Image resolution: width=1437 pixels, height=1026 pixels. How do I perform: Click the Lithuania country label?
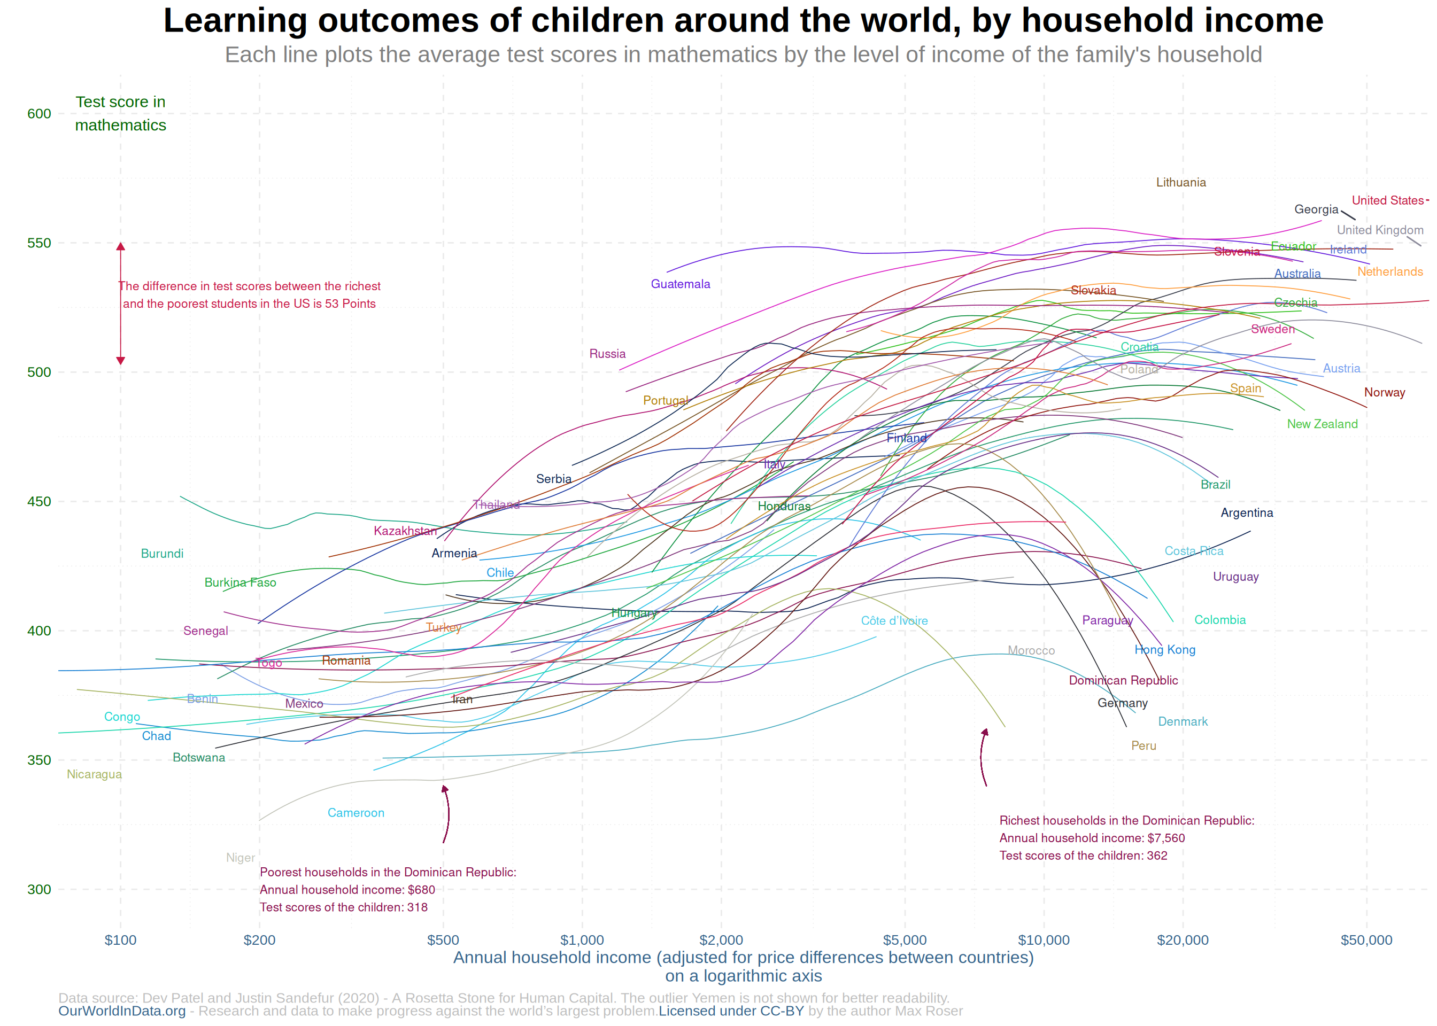pos(1180,183)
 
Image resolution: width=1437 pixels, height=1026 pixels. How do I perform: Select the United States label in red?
pos(1387,200)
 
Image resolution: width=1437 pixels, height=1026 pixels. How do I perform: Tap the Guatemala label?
pos(680,284)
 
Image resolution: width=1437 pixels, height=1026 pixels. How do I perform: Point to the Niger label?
pos(240,857)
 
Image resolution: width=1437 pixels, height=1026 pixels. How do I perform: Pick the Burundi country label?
pos(162,554)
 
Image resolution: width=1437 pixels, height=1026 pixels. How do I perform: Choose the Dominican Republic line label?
pos(1123,680)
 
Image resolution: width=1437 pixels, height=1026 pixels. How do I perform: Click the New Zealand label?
pos(1322,424)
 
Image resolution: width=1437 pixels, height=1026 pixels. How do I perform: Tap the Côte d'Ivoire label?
pos(894,621)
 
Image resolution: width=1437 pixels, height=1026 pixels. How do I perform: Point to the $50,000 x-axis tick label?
pos(1366,940)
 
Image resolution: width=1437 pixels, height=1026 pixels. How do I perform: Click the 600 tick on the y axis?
pos(39,114)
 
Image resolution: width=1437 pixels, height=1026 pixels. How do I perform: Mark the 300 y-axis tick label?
pos(39,889)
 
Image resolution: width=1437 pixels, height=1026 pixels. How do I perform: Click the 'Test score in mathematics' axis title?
pos(120,114)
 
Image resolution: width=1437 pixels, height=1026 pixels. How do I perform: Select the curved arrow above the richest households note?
pos(983,757)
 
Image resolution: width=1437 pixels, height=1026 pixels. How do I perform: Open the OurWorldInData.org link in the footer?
pos(122,1011)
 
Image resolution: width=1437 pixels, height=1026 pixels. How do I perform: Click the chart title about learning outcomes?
pos(743,20)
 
